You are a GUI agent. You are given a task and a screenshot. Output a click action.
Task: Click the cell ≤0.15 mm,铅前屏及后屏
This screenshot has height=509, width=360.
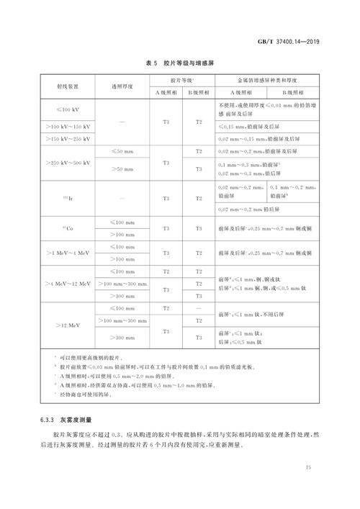click(x=248, y=126)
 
